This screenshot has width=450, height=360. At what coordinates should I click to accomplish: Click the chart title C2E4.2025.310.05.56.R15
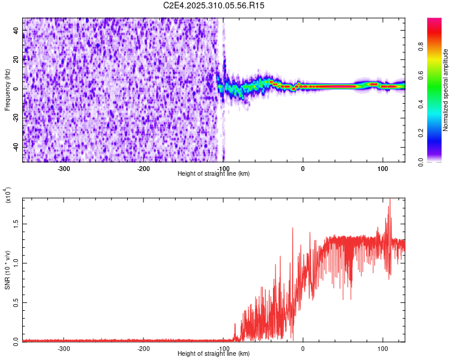tap(214, 5)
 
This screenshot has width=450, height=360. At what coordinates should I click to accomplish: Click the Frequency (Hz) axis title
tap(7, 90)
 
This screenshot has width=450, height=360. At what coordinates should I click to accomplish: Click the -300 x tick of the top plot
tap(64, 168)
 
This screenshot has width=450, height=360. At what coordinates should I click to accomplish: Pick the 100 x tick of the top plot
tap(382, 168)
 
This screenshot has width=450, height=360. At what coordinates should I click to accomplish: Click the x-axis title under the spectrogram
tap(214, 174)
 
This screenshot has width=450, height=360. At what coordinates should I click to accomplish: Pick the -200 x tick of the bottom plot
tap(143, 348)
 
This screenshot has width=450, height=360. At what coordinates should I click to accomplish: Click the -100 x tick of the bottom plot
tap(223, 348)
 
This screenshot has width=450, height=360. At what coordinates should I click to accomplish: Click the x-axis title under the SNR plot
tap(214, 354)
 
